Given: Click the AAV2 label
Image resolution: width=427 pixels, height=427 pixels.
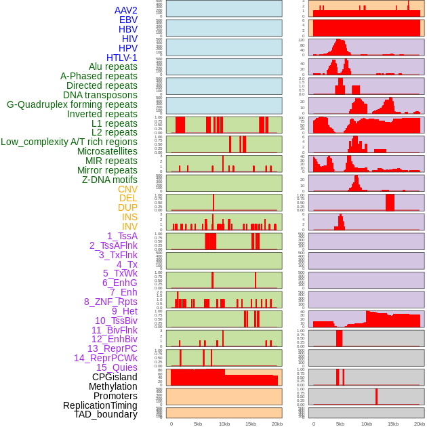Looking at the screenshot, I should [126, 10].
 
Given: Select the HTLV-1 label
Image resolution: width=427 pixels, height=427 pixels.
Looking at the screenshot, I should [122, 58].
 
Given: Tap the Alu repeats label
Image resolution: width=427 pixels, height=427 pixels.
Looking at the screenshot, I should [113, 67].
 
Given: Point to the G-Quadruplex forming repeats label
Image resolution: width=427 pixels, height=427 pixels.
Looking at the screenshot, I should [72, 105].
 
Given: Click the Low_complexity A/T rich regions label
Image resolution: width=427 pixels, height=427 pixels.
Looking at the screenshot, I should [69, 142].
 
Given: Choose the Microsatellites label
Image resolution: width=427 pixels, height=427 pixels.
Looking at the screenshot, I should [107, 151].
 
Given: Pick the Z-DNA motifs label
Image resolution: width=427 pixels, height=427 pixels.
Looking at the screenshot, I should [109, 180].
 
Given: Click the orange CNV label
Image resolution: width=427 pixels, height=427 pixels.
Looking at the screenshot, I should [127, 189].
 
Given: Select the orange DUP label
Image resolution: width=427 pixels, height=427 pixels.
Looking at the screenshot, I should [127, 207].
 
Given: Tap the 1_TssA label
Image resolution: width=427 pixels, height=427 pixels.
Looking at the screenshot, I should [122, 236].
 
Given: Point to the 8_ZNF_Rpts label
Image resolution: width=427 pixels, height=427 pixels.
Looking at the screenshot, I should [110, 302].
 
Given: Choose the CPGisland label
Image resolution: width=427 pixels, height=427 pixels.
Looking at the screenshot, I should [115, 377].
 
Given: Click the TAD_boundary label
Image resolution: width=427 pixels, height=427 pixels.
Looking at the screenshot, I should [105, 414].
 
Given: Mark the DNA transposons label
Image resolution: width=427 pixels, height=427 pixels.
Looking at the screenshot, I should [100, 95].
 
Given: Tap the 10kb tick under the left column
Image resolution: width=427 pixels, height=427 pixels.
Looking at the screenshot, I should [224, 424].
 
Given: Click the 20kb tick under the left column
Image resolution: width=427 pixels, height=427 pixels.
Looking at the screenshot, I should [277, 424].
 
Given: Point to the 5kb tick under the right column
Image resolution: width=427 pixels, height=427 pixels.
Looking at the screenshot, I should [340, 424].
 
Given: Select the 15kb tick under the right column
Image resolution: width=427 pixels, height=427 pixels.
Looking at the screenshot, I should [393, 424].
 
